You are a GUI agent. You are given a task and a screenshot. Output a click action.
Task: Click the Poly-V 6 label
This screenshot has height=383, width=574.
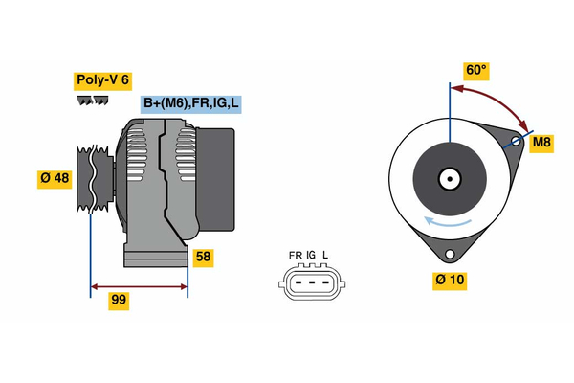click(102, 81)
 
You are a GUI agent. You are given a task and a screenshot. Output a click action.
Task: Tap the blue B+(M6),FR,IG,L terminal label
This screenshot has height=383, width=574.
click(189, 103)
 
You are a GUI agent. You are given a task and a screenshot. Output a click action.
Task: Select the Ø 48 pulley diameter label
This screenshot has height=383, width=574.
click(54, 179)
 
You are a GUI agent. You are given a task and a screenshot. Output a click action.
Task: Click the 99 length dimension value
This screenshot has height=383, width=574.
click(119, 300)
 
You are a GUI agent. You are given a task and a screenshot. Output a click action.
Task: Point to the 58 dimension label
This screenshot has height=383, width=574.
click(203, 257)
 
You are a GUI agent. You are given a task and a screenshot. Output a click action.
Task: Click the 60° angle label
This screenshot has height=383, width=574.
click(476, 70)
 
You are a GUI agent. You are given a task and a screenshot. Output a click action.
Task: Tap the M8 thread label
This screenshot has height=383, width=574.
click(542, 143)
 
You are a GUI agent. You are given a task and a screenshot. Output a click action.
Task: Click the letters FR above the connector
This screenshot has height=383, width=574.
click(296, 256)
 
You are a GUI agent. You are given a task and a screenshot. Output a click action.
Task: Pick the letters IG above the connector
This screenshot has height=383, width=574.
click(311, 256)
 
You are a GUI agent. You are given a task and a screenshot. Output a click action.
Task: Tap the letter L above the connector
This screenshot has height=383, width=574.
click(325, 256)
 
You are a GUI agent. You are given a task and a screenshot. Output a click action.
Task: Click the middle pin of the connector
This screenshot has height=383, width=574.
click(310, 282)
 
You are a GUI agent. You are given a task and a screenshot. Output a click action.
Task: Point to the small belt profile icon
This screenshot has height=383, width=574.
click(92, 101)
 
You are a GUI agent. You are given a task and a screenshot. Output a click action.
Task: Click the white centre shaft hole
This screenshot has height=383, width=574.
click(448, 178)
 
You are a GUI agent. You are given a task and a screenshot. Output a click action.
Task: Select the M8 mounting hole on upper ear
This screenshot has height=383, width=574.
click(516, 143)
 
